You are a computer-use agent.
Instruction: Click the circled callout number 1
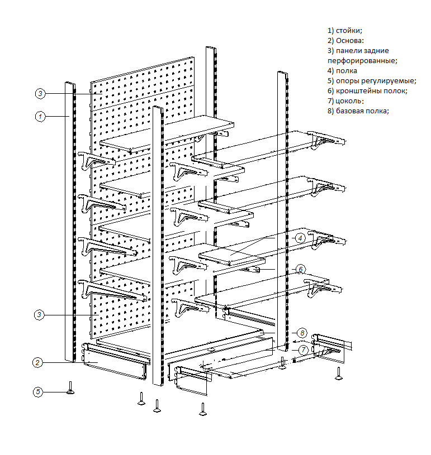coord(40,117)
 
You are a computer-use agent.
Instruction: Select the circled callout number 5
coord(37,392)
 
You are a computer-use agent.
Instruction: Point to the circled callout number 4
coord(300,237)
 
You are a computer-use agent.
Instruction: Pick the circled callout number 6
coord(300,269)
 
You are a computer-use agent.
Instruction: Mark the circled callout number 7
coord(302,350)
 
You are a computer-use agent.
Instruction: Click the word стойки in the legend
coord(349,30)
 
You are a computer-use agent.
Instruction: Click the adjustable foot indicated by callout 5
coord(71,389)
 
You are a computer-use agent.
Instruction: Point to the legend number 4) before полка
coord(330,70)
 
